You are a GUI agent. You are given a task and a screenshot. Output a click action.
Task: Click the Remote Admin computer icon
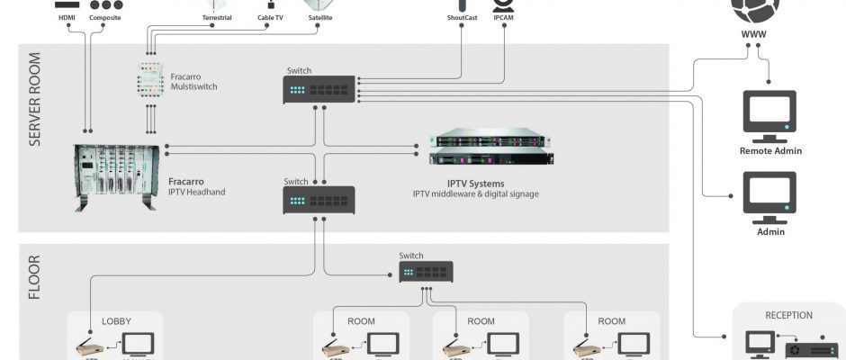click(x=769, y=115)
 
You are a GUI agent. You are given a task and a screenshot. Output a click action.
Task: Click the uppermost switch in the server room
click(x=319, y=89)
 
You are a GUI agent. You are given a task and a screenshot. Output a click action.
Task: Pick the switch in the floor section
click(x=426, y=273)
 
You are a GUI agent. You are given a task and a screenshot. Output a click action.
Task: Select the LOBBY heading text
click(x=116, y=320)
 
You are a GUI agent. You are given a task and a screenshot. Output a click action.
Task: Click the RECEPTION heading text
click(x=788, y=315)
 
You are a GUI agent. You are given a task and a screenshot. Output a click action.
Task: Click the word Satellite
click(x=320, y=17)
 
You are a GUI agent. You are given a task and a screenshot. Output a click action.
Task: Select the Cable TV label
click(x=270, y=17)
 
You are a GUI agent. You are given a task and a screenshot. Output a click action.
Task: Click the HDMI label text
click(x=67, y=17)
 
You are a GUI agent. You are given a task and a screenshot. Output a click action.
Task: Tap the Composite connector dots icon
click(x=105, y=4)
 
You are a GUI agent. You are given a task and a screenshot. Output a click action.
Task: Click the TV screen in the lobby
click(x=138, y=345)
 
